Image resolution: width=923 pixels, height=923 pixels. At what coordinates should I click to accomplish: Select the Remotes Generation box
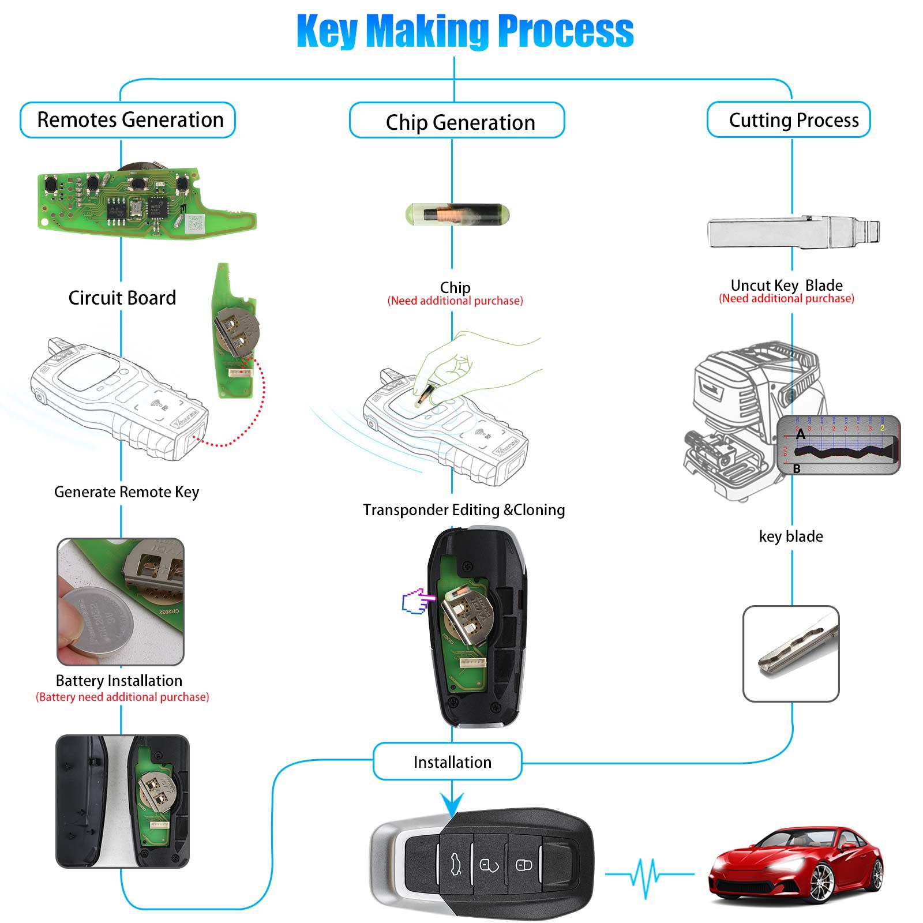pos(128,120)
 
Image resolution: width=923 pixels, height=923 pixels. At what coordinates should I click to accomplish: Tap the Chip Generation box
pos(457,122)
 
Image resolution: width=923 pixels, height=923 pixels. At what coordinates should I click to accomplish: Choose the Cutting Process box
pos(789,120)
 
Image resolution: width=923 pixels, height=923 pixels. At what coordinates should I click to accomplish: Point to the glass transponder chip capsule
pos(457,214)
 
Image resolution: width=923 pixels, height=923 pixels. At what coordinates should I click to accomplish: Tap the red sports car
pos(796,865)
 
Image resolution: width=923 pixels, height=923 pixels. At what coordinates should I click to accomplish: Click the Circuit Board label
pos(122,298)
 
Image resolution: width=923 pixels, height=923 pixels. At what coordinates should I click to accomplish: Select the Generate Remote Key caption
pos(126,492)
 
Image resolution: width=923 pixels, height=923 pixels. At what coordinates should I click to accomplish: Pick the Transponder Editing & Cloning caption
pos(464,510)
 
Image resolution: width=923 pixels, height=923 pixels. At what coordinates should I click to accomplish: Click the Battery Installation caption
pos(119,681)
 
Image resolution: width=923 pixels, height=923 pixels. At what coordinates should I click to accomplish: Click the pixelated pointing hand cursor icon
pos(417,601)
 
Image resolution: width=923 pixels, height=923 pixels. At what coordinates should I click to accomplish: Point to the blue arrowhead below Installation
pos(452,803)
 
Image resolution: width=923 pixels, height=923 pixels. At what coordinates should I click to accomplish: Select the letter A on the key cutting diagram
pos(800,434)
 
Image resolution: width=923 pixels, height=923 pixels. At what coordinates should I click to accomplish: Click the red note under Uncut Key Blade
pos(786,299)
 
